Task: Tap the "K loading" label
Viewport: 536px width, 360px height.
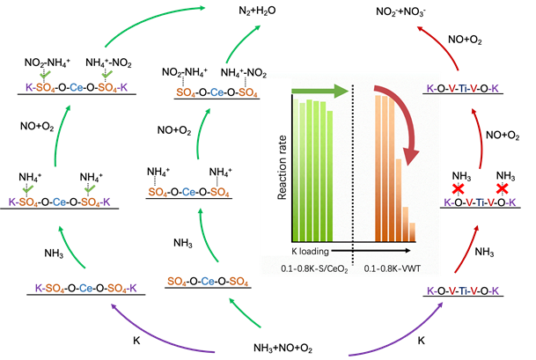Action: (306, 251)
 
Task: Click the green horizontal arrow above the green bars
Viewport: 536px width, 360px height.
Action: (318, 90)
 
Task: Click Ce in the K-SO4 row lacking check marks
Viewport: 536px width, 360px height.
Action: (86, 288)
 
